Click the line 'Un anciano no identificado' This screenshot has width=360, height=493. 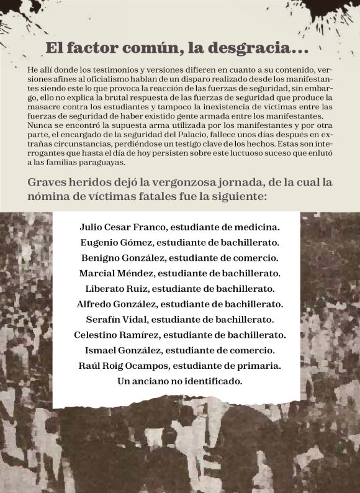[179, 381]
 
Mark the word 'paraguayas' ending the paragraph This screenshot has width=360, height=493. [103, 163]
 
